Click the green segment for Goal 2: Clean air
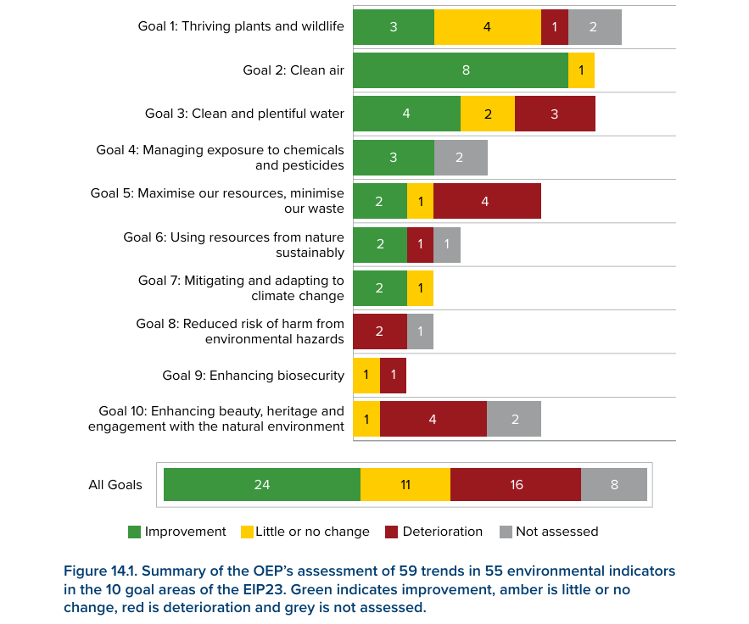click(x=460, y=70)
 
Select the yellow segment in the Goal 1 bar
click(x=487, y=27)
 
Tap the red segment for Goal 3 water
click(x=555, y=114)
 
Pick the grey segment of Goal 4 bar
click(x=461, y=158)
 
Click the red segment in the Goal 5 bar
click(x=487, y=201)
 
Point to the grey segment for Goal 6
click(x=447, y=245)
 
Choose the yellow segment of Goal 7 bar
click(x=420, y=288)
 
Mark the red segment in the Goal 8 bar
click(x=379, y=331)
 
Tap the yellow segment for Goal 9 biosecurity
click(x=366, y=376)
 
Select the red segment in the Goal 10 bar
click(x=433, y=419)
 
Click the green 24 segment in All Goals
click(x=262, y=485)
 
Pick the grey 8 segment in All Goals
click(x=614, y=485)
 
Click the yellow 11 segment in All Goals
click(x=405, y=485)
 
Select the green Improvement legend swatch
click(x=134, y=532)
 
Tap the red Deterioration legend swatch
click(x=391, y=532)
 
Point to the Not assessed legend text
click(x=556, y=532)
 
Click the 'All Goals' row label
click(x=115, y=485)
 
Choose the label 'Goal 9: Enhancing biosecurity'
click(x=253, y=376)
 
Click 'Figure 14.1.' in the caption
click(x=101, y=571)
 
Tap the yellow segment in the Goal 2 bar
click(x=581, y=70)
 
